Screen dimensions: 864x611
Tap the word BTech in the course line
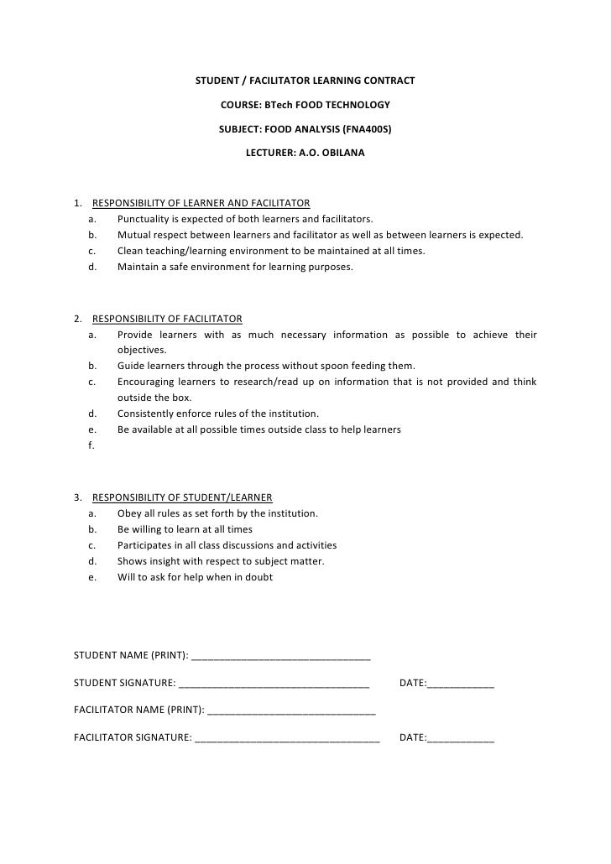coord(278,106)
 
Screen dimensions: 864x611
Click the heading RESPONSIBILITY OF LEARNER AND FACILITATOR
coord(201,203)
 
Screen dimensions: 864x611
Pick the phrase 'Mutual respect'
coord(151,235)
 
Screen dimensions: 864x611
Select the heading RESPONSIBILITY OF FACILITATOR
coord(167,319)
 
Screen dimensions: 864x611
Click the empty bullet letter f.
coord(90,445)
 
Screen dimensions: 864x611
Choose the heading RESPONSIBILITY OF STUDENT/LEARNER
coord(182,497)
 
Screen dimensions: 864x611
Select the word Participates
coord(146,545)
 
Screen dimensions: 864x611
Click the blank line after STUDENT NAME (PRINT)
coord(281,656)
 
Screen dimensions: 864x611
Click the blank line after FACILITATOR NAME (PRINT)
coord(291,711)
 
